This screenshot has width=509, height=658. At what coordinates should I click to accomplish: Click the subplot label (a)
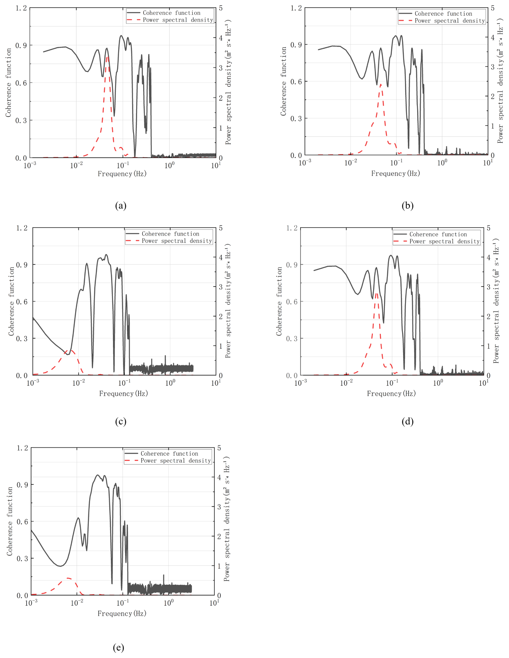pyautogui.click(x=121, y=206)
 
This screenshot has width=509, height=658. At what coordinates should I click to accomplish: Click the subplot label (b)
pyautogui.click(x=408, y=206)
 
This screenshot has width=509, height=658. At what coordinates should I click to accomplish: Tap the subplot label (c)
pyautogui.click(x=121, y=421)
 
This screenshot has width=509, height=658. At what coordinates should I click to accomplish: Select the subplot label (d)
pyautogui.click(x=408, y=421)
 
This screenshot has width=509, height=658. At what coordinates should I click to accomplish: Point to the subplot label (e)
pyautogui.click(x=118, y=648)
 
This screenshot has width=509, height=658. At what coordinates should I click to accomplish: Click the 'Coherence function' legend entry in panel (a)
pyautogui.click(x=171, y=13)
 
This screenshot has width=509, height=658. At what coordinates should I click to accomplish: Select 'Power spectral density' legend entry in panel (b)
pyautogui.click(x=449, y=21)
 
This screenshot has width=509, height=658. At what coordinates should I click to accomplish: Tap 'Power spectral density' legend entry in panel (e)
pyautogui.click(x=176, y=461)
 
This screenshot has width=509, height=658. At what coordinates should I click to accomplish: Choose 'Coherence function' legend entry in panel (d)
pyautogui.click(x=438, y=234)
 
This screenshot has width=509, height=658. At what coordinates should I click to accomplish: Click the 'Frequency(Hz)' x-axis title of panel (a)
pyautogui.click(x=122, y=174)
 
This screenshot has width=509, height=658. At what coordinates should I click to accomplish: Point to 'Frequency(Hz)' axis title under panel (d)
pyautogui.click(x=391, y=393)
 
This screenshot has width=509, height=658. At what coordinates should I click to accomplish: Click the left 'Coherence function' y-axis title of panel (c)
pyautogui.click(x=11, y=301)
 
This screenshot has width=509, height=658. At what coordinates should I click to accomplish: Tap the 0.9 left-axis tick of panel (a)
pyautogui.click(x=21, y=45)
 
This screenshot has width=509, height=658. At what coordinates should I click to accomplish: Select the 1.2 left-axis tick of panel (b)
pyautogui.click(x=296, y=8)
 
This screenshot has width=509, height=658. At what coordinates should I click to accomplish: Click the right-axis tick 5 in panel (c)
pyautogui.click(x=221, y=228)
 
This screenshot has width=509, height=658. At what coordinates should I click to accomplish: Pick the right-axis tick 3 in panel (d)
pyautogui.click(x=489, y=287)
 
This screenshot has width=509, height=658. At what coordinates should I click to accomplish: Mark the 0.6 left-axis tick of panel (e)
pyautogui.click(x=22, y=522)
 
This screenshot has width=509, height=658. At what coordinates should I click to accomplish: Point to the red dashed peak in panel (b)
pyautogui.click(x=381, y=85)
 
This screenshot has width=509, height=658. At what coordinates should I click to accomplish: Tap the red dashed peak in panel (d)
pyautogui.click(x=376, y=292)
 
